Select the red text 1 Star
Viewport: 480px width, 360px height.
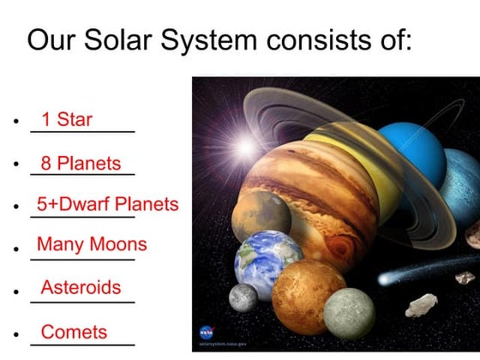click(66, 119)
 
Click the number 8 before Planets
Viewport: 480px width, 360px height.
click(46, 163)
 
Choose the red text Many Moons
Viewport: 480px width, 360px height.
click(92, 245)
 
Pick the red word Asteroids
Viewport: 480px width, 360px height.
click(81, 287)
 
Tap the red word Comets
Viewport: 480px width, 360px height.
click(75, 332)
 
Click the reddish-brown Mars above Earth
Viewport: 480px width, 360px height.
click(261, 213)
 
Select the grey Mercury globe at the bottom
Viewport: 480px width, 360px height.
click(349, 312)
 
